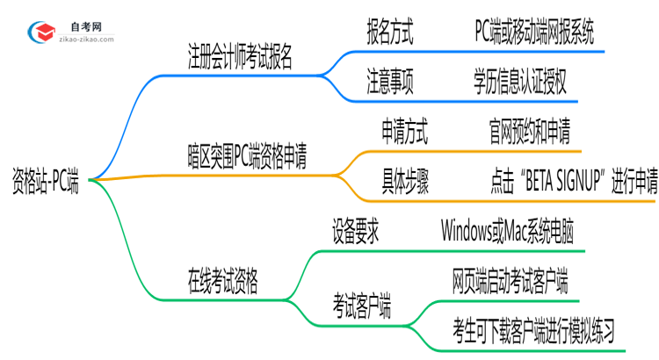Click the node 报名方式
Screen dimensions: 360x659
coord(390,34)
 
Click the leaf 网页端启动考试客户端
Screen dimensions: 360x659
coord(510,283)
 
